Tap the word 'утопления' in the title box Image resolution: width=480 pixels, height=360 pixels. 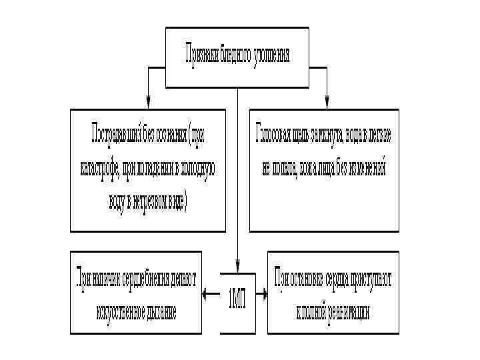click(x=271, y=54)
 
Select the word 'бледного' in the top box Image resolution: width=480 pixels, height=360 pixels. click(x=235, y=54)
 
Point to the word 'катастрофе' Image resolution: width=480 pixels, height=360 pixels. click(x=100, y=167)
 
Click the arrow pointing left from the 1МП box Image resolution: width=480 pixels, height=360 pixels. click(x=207, y=293)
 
